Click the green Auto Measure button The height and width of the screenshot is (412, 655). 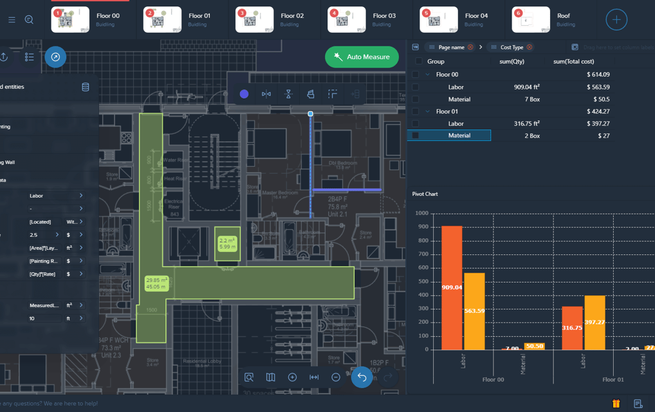362,57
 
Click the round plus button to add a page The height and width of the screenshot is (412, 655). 616,19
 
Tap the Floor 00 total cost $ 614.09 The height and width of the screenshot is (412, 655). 598,75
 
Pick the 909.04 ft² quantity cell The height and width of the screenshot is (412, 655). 526,87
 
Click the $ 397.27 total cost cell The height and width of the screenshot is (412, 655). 598,124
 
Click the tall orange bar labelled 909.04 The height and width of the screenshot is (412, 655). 452,288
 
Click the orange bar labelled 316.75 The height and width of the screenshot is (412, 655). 572,328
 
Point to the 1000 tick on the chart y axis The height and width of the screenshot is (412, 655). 421,213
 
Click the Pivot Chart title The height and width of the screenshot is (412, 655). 425,194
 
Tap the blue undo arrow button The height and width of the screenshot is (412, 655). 362,377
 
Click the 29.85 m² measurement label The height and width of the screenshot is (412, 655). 156,283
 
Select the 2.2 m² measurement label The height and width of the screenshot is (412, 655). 227,243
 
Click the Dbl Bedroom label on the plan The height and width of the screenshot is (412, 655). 342,164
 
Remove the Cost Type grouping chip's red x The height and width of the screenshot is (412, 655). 530,47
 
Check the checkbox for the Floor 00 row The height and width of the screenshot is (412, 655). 416,75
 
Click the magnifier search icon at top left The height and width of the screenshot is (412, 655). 29,20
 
